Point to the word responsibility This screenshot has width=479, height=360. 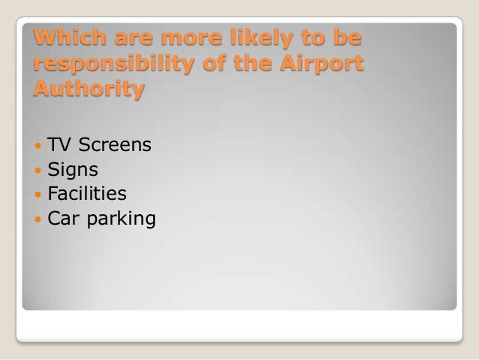pyautogui.click(x=106, y=65)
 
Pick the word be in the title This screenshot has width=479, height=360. pyautogui.click(x=346, y=37)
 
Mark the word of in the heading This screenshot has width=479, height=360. pyautogui.click(x=208, y=64)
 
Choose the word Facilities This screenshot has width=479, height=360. pyautogui.click(x=87, y=194)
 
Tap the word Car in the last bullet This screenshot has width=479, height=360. pyautogui.click(x=63, y=219)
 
